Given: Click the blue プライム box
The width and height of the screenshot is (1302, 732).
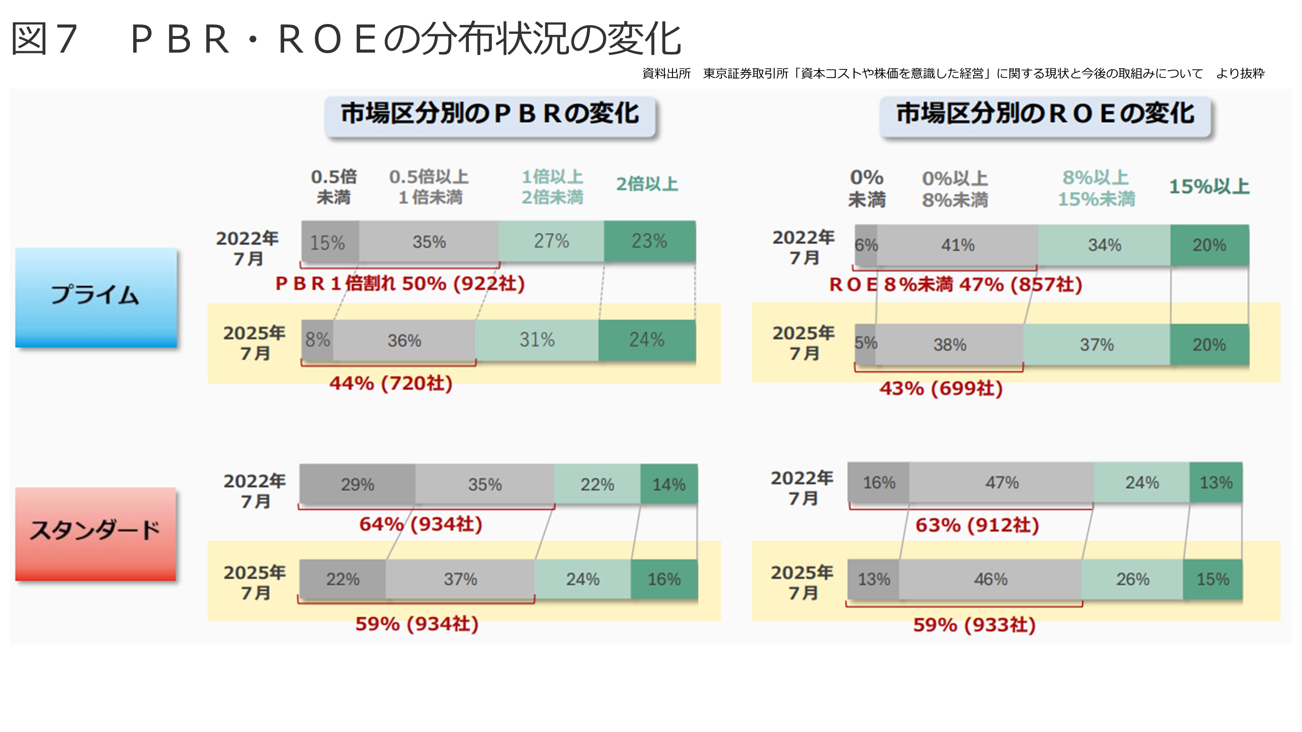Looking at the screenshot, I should (96, 297).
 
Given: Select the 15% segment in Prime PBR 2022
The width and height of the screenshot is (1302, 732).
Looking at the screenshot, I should (330, 242).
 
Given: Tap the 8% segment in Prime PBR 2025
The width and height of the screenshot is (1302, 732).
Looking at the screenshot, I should (317, 340).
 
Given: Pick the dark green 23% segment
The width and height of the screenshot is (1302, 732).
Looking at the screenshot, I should (650, 241).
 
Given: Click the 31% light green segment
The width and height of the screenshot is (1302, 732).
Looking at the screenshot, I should (537, 340).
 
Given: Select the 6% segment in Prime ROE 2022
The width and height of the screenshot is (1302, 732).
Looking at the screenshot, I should (866, 246).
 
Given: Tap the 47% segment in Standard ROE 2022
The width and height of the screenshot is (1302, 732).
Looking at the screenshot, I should (1001, 482).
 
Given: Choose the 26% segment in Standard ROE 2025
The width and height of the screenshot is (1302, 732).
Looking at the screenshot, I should (1132, 579).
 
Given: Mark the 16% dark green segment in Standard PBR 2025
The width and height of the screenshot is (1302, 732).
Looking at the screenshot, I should (664, 579).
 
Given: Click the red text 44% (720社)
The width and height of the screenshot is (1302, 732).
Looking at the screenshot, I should (391, 384).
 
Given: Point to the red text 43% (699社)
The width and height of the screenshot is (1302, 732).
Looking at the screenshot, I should (941, 388).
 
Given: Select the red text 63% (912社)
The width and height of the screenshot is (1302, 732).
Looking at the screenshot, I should (977, 525).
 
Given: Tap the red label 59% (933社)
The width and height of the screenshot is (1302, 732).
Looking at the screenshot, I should (974, 625).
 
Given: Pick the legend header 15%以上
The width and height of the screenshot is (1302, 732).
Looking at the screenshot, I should (1209, 187).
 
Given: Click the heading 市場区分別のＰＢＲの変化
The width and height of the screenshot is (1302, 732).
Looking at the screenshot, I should (489, 114).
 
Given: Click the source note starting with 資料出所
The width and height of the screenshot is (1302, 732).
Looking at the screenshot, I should (953, 74).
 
